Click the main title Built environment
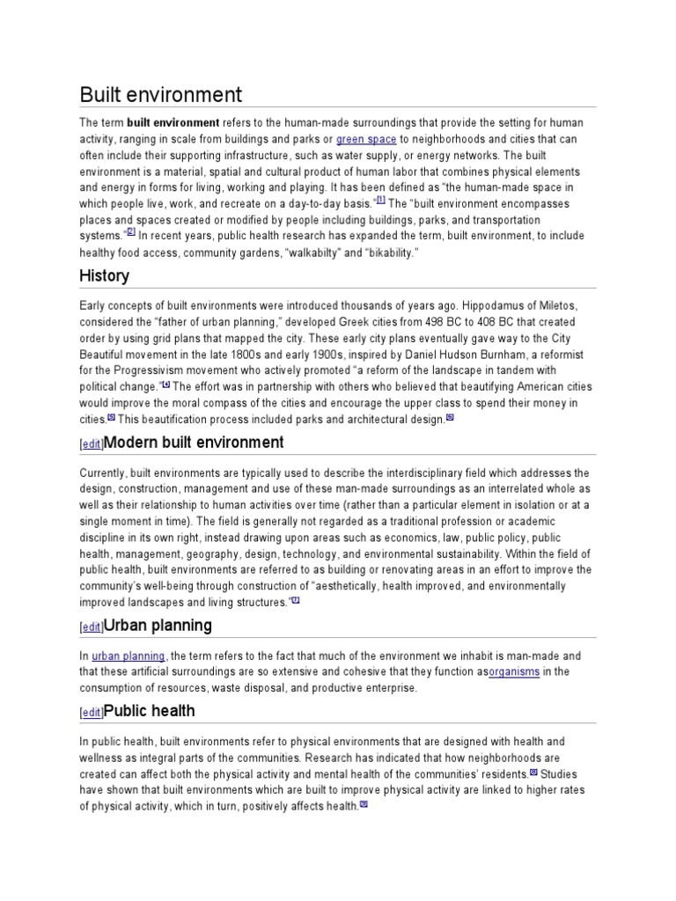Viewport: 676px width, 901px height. click(x=161, y=94)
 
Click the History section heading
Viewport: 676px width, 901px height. click(x=105, y=275)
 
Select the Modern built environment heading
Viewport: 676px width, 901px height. click(x=194, y=442)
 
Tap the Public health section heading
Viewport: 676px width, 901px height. click(x=150, y=710)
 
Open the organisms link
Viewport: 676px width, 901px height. click(x=514, y=672)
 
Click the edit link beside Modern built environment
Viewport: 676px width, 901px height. click(x=92, y=444)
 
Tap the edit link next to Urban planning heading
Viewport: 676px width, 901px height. click(x=92, y=627)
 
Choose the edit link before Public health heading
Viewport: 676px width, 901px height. click(x=92, y=713)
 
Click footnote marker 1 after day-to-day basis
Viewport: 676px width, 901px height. click(x=380, y=200)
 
